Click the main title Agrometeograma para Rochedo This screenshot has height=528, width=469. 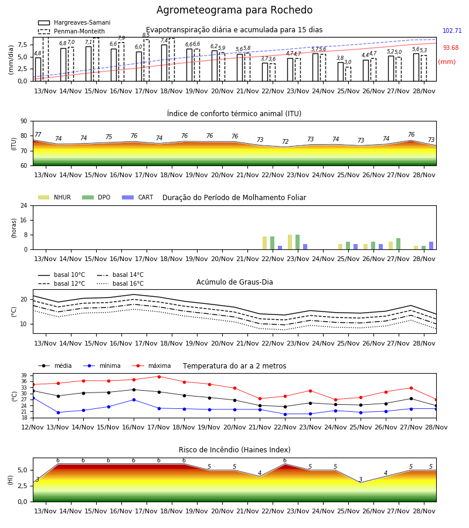tap(234, 10)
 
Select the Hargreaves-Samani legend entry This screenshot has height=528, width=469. tap(74, 22)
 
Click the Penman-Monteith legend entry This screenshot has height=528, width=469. tap(72, 31)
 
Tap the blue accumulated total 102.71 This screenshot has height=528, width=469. tap(452, 31)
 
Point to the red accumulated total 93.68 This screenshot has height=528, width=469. tap(450, 48)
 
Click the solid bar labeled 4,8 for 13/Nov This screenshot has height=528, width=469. tap(38, 69)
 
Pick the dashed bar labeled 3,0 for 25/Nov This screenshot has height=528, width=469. tap(348, 74)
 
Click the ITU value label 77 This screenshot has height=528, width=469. tap(38, 135)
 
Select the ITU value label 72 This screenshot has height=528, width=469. tap(285, 141)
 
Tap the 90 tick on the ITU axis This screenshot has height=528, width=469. tap(24, 121)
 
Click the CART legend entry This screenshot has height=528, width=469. tap(137, 197)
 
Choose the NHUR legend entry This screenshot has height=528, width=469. tap(54, 197)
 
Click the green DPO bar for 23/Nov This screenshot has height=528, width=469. tap(297, 242)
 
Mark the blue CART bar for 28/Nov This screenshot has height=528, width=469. tap(431, 246)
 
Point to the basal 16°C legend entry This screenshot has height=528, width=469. tap(120, 283)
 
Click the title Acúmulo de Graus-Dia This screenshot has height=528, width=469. tap(235, 282)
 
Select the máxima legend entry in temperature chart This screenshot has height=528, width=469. tap(151, 365)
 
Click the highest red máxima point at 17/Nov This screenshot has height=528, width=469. tap(159, 377)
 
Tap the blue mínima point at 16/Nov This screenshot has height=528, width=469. tap(134, 400)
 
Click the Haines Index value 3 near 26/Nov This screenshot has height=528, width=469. tap(361, 479)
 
